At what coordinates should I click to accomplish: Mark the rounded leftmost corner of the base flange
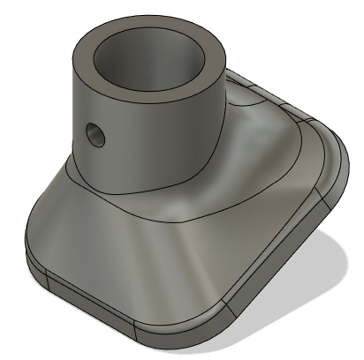point(35,247)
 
